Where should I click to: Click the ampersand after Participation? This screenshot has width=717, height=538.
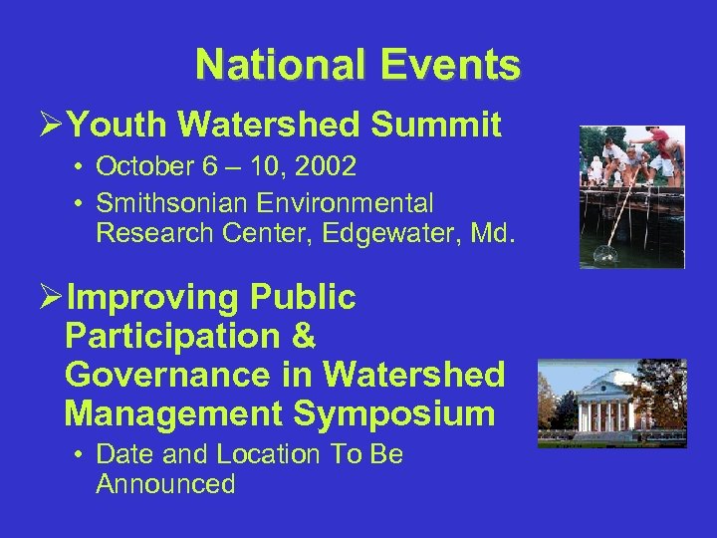point(303,337)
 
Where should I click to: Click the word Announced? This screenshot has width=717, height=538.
point(165,484)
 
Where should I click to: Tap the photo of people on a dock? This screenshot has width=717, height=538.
point(632,196)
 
